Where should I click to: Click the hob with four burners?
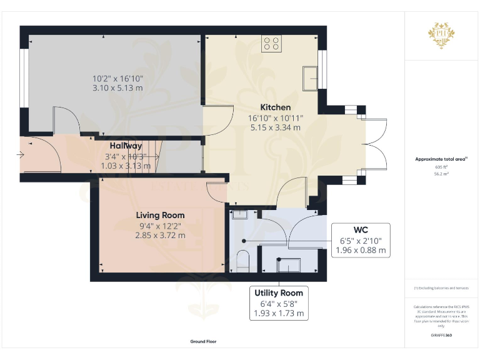point(272,43)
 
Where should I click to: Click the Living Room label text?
point(161,215)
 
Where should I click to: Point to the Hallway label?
point(126,146)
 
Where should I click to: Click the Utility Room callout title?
point(279,292)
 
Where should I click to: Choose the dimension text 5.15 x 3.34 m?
point(275,127)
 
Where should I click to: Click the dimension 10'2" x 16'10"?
point(117,78)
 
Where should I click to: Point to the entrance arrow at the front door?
point(22,153)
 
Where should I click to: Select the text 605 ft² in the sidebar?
point(442,167)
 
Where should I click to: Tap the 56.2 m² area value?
point(442,174)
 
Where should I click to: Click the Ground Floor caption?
point(203,342)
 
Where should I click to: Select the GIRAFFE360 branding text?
point(441,336)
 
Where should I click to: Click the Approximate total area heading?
point(441,159)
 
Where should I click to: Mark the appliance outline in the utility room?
point(289,266)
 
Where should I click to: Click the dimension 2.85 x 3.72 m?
point(161,236)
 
